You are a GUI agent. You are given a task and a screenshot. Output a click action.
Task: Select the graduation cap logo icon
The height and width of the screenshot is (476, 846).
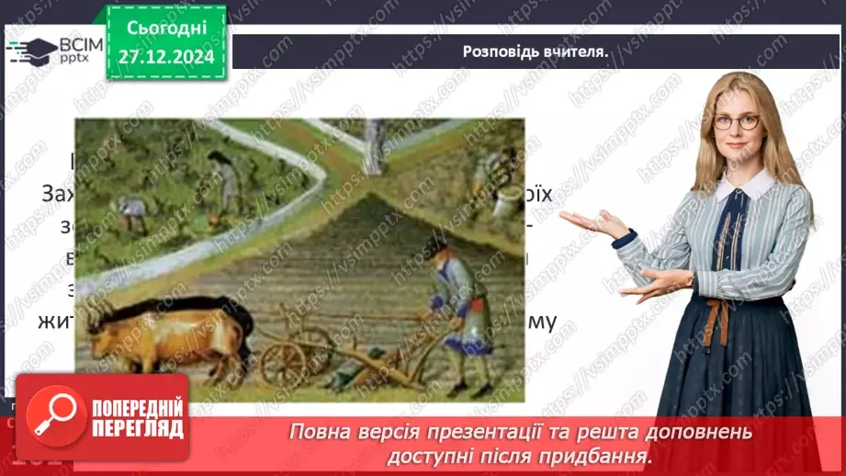[31, 50]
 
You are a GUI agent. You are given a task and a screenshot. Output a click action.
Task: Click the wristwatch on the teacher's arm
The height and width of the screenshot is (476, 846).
[691, 278]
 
